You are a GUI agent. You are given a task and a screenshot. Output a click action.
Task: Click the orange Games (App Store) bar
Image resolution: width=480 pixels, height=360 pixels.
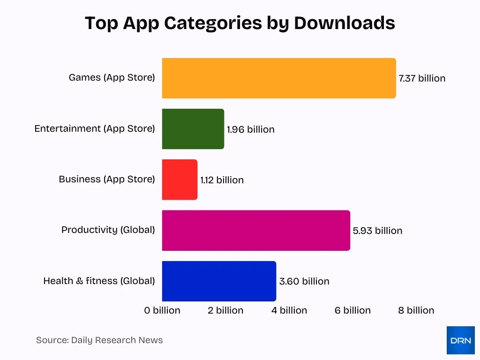click(x=279, y=78)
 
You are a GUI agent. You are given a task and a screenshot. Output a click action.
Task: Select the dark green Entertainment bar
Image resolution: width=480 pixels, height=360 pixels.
click(x=193, y=129)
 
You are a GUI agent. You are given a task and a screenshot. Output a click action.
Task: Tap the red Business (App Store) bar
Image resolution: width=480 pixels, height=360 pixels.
click(x=180, y=180)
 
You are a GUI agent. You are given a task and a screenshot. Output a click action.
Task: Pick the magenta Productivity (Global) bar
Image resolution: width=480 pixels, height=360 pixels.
click(x=256, y=230)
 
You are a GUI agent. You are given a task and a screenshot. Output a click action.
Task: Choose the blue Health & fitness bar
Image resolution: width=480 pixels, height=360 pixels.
click(x=219, y=281)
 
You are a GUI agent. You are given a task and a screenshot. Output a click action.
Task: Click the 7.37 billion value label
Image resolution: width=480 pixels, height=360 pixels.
click(x=422, y=78)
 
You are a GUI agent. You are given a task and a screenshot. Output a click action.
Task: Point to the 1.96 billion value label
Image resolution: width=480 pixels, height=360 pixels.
click(x=251, y=129)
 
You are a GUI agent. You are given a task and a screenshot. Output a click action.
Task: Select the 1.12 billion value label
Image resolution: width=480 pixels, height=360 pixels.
click(x=222, y=180)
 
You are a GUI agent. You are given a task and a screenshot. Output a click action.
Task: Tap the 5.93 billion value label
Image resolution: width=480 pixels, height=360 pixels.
click(x=377, y=231)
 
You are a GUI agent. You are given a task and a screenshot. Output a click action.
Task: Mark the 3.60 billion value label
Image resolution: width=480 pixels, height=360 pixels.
click(x=304, y=281)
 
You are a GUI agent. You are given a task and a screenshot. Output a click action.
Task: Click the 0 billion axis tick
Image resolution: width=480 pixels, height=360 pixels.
click(x=162, y=310)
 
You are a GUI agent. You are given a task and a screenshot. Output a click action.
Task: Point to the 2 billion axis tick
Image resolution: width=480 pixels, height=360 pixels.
click(x=225, y=310)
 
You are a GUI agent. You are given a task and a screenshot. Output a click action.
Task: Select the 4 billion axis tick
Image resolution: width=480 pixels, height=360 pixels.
click(x=289, y=310)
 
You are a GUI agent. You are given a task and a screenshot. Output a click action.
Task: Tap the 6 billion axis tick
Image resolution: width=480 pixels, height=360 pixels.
click(x=352, y=310)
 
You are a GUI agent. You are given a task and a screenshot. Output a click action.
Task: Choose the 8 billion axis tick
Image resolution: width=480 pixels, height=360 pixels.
click(x=416, y=310)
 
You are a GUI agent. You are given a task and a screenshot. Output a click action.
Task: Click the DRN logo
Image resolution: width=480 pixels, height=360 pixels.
click(x=460, y=340)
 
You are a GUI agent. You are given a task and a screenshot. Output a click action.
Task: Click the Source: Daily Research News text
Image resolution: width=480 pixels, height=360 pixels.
click(x=99, y=340)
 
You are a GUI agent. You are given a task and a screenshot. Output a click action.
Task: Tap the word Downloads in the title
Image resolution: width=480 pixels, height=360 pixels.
click(x=345, y=22)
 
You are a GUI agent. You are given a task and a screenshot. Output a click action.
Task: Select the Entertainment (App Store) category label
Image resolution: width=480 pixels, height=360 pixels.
click(x=94, y=128)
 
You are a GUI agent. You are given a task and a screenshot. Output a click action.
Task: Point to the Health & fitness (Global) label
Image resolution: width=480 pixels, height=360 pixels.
click(x=99, y=281)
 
